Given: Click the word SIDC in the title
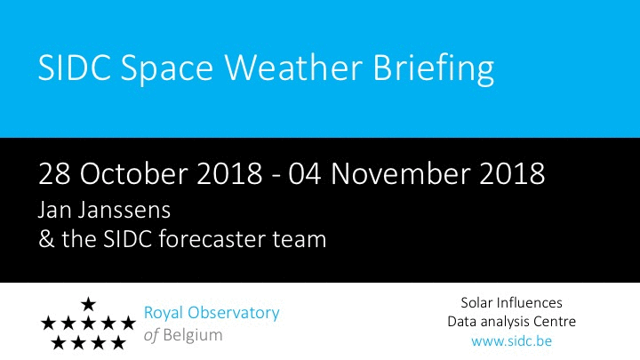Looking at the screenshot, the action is tap(75, 68).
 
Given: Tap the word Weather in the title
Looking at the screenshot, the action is tap(293, 67).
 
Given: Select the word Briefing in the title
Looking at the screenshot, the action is tap(434, 69).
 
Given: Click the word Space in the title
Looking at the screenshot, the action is tap(167, 70).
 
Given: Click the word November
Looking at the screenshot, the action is tap(400, 173).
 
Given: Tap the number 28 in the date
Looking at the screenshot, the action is tap(54, 174).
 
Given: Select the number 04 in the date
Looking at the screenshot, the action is tap(305, 174).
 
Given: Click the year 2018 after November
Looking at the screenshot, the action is tap(512, 174).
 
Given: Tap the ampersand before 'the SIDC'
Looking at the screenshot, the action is tap(46, 239).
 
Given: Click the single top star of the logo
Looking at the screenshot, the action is tap(88, 304).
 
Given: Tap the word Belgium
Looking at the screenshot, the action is tap(193, 335).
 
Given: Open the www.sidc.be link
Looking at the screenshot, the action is tap(511, 340).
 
